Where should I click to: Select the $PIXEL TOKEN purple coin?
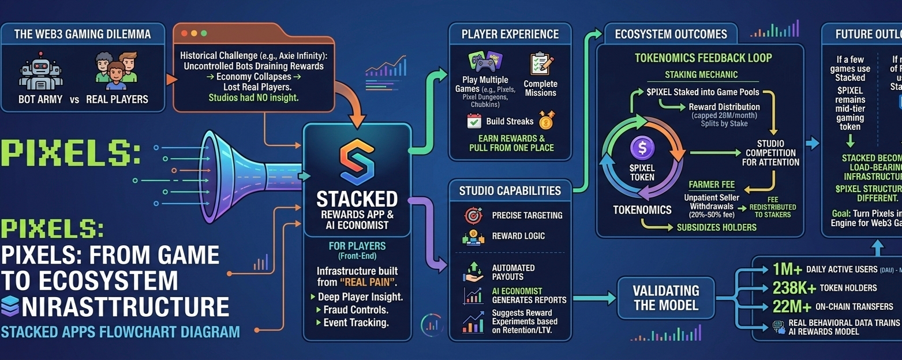642,149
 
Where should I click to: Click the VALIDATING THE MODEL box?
666,298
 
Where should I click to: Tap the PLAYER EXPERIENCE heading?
510,34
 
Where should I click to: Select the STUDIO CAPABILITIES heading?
510,191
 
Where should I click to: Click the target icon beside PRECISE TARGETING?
473,216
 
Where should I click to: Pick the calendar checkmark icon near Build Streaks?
474,121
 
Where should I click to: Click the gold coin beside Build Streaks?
545,121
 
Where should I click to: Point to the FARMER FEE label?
712,185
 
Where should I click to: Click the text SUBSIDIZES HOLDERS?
716,227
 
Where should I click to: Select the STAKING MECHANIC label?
701,75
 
